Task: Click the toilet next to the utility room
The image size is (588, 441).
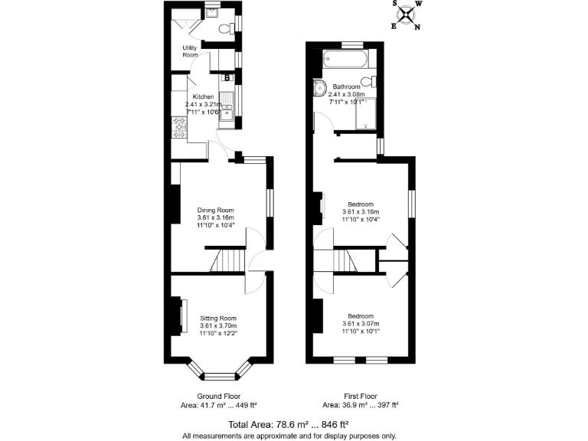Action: [x=226, y=29]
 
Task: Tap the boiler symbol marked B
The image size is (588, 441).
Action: [x=227, y=78]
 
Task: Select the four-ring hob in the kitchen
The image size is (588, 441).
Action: [x=180, y=126]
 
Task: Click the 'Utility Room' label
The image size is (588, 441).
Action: [x=190, y=51]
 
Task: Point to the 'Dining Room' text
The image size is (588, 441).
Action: [x=215, y=210]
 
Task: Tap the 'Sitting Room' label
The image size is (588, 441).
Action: [x=218, y=318]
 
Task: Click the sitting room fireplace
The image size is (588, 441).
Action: [x=183, y=316]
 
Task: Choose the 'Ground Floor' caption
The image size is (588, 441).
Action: [x=219, y=397]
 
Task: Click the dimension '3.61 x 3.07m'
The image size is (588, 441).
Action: [x=361, y=324]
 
